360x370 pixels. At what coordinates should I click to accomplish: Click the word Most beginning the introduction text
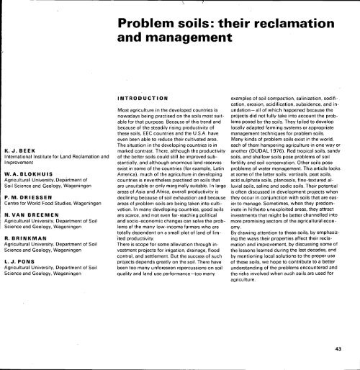[123, 108]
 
